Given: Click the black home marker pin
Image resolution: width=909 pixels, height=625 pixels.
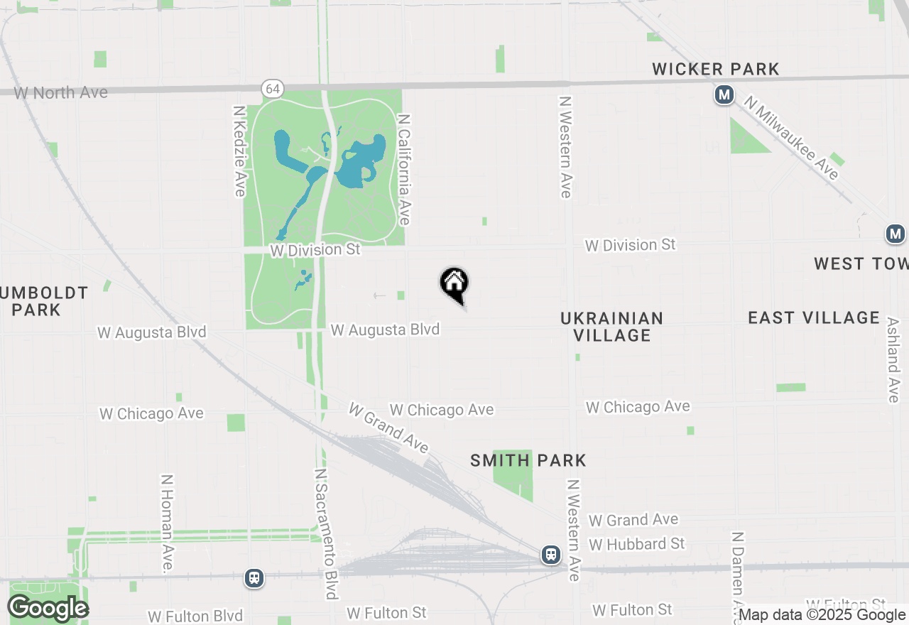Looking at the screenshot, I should click(454, 284).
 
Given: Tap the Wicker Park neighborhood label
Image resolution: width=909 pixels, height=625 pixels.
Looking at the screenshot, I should click(716, 69).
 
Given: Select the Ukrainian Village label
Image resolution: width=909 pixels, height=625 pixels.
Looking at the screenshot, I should click(611, 327).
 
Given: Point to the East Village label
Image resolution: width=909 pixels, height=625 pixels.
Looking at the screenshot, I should click(814, 317).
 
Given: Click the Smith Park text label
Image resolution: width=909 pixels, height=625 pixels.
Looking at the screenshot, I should click(528, 460).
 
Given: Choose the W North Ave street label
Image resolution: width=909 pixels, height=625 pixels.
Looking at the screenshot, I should click(61, 92).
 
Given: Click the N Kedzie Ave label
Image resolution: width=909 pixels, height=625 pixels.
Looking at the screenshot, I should click(239, 151).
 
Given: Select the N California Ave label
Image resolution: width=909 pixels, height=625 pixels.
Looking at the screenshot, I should click(404, 170).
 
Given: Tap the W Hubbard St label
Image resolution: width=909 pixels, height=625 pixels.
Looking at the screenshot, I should click(637, 544).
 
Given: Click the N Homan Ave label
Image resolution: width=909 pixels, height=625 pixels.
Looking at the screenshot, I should click(168, 523).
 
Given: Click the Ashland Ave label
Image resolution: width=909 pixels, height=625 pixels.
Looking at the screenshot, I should click(893, 359).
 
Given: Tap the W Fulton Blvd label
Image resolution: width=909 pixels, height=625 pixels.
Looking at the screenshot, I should click(195, 616).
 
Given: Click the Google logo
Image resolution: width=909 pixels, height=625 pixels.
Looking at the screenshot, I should click(48, 609).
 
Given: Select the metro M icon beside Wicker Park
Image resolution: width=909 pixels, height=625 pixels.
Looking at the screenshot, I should click(724, 94).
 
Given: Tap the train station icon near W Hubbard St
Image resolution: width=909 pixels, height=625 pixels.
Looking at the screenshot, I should click(550, 555).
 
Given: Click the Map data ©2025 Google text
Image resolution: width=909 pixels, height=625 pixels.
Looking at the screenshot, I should click(822, 615).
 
